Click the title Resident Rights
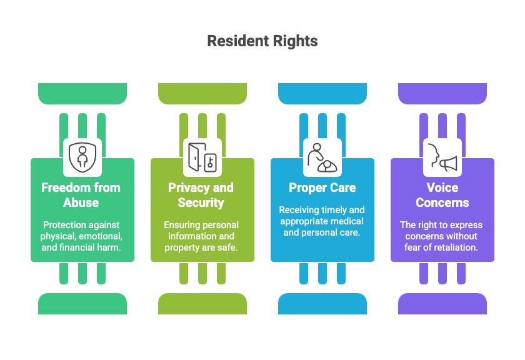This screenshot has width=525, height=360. (x=262, y=41)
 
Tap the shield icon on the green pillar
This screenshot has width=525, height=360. (x=82, y=157)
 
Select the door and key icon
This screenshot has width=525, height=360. (x=202, y=157)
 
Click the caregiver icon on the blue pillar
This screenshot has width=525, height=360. (x=322, y=157)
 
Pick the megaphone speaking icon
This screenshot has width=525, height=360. (x=442, y=157)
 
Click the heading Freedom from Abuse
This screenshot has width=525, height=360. (x=82, y=194)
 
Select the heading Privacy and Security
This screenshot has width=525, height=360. (x=202, y=194)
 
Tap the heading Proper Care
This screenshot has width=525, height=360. (x=322, y=187)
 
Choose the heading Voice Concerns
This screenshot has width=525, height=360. (x=442, y=194)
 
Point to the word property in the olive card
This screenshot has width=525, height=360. (x=183, y=247)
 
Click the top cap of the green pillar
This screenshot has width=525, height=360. (x=82, y=93)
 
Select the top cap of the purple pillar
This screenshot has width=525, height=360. (x=442, y=93)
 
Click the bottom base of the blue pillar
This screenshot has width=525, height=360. (x=322, y=304)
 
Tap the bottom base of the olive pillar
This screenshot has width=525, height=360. (x=202, y=304)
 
